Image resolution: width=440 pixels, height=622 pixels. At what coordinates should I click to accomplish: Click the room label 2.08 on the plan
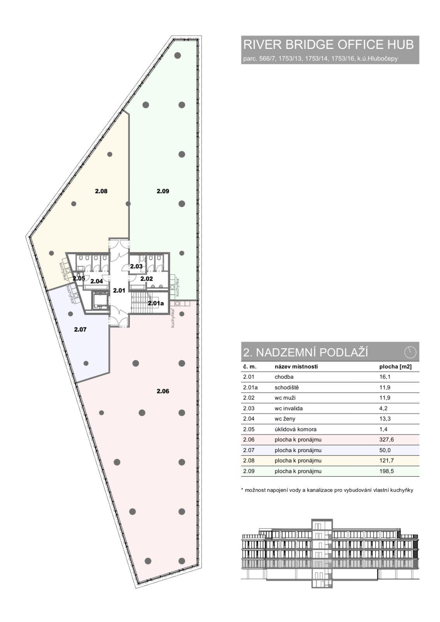[101, 191]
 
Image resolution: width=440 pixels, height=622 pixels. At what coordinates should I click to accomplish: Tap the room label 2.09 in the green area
[163, 191]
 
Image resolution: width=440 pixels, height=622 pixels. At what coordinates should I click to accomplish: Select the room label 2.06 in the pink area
[163, 391]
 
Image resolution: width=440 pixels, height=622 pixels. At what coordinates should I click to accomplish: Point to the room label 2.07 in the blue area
[80, 330]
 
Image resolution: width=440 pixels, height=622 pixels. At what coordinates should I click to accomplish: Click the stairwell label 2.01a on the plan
[156, 304]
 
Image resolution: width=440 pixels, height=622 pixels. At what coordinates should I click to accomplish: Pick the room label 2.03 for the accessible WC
[136, 266]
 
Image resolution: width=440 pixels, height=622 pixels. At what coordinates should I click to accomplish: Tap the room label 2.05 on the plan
[79, 278]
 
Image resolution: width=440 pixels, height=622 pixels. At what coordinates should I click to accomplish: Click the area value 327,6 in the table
[387, 440]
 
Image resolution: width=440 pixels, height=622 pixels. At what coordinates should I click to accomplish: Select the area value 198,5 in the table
[387, 471]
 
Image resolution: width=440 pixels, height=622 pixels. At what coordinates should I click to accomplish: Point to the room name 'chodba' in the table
[284, 377]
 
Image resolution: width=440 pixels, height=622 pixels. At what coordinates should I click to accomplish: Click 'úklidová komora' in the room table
[295, 429]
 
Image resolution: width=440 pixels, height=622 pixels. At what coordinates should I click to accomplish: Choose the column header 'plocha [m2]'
[395, 367]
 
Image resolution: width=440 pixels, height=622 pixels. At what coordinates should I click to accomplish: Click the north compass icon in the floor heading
[410, 352]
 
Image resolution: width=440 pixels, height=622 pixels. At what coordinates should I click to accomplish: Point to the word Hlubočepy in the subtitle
[384, 59]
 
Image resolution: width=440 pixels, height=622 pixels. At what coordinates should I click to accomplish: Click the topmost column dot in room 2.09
[178, 55]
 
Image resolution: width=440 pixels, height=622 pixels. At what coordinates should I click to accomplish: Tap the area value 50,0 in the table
[385, 450]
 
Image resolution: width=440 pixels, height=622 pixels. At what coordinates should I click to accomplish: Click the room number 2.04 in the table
[249, 419]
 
